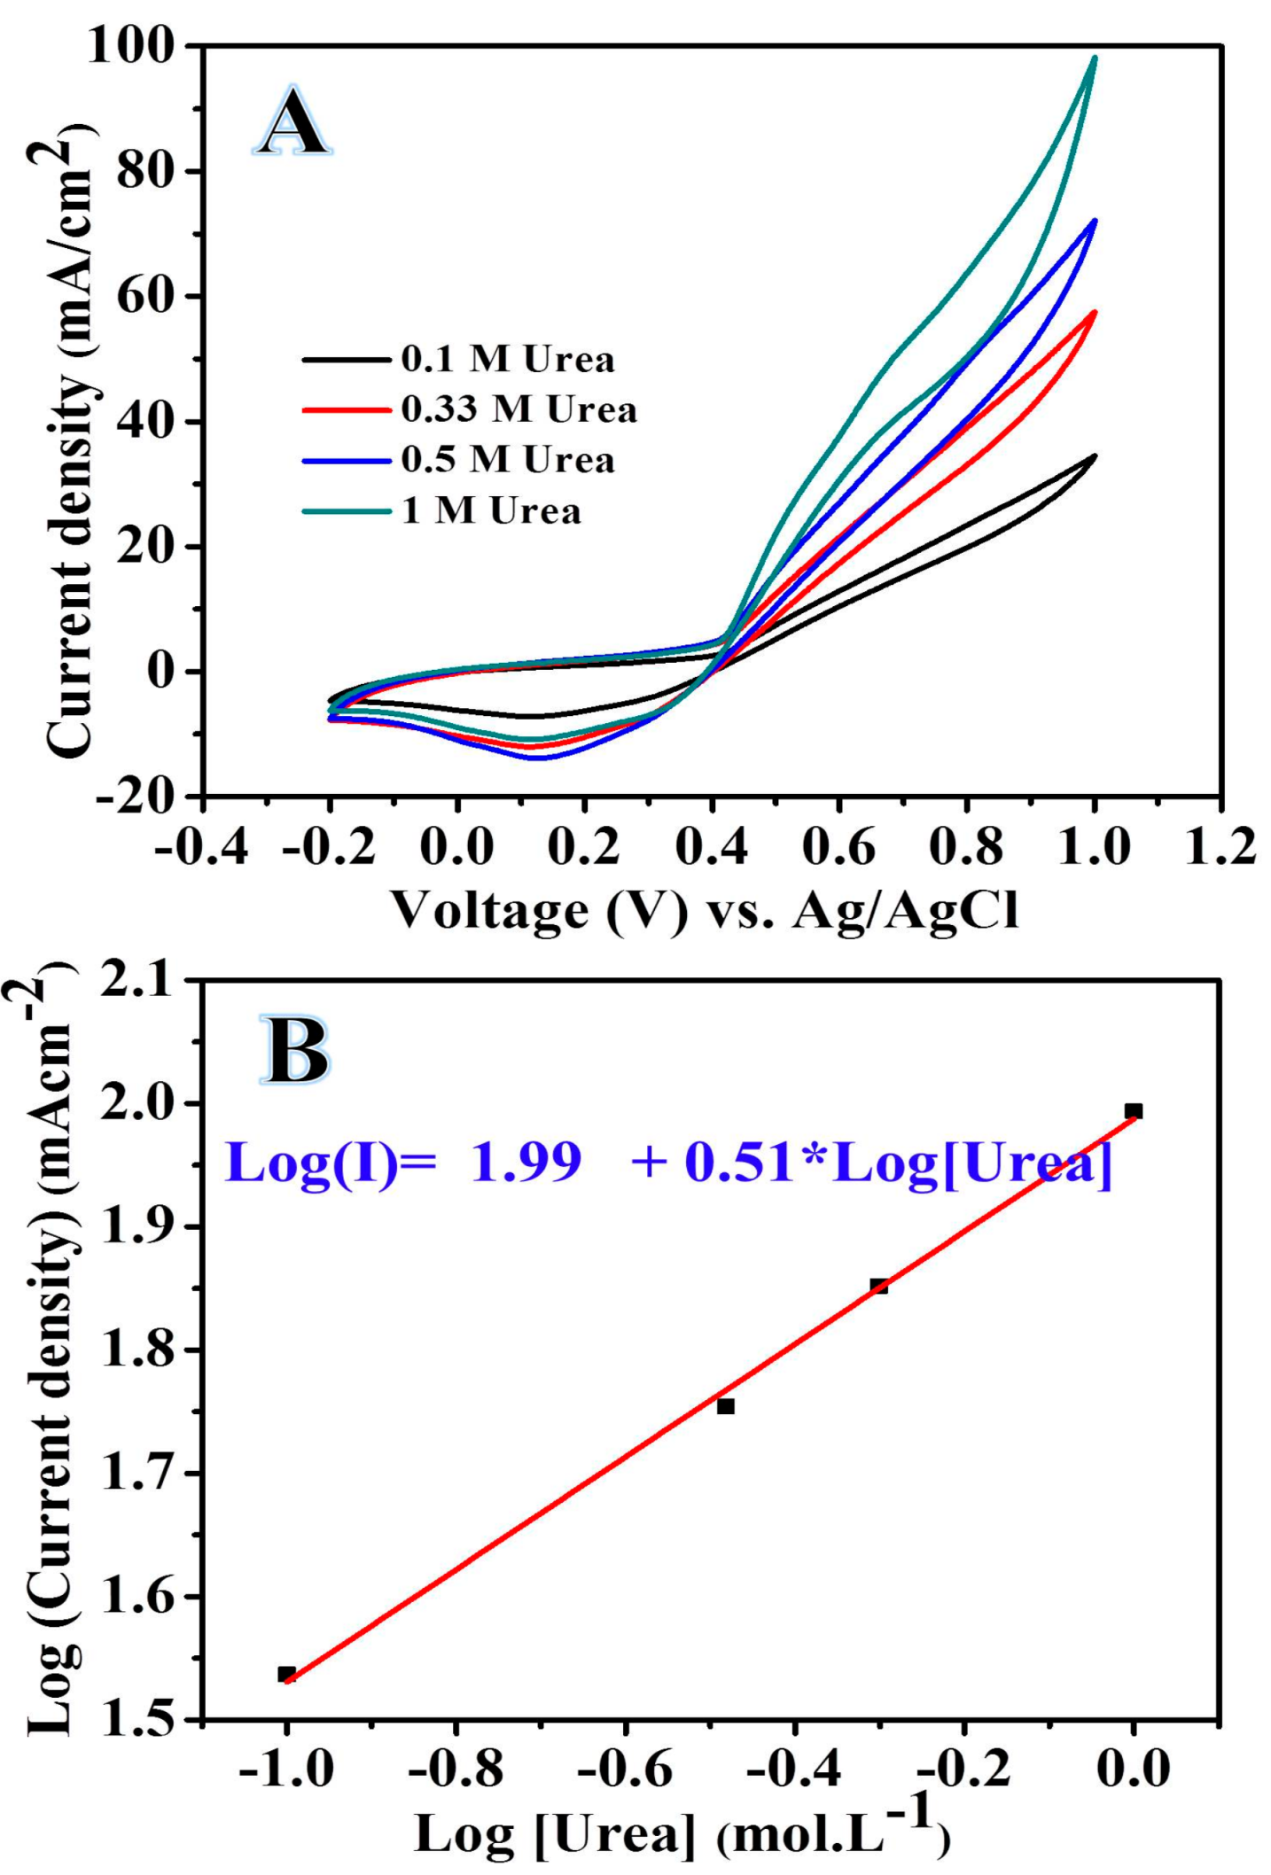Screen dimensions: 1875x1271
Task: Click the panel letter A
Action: [x=293, y=121]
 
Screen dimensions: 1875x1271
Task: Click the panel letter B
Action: [x=295, y=1051]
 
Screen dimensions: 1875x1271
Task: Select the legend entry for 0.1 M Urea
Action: [x=507, y=360]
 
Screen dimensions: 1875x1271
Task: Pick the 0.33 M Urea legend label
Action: [x=519, y=409]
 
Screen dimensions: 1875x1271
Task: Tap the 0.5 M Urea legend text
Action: [x=507, y=460]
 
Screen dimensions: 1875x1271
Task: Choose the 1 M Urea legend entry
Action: [x=491, y=511]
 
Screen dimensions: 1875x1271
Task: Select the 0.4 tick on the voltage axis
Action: [x=711, y=845]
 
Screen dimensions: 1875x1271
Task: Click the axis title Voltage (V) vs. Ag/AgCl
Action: [x=705, y=910]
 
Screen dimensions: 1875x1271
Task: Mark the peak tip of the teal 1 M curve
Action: [x=1096, y=58]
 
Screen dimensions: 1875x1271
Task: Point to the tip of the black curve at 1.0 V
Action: [x=1096, y=456]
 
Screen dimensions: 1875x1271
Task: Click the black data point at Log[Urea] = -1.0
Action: [x=286, y=1674]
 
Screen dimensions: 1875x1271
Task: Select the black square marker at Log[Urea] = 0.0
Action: [x=1133, y=1111]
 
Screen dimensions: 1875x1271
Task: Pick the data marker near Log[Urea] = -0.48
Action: [x=726, y=1406]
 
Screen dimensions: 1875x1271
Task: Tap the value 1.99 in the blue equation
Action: [x=525, y=1162]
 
